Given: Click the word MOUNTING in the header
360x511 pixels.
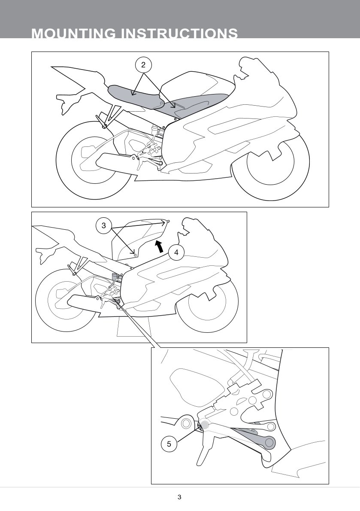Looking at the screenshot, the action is click(x=73, y=33).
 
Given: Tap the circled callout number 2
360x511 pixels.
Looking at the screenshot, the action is click(x=143, y=65).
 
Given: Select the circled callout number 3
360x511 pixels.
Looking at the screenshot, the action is click(x=104, y=225).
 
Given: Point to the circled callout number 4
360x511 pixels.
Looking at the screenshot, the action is click(x=176, y=252).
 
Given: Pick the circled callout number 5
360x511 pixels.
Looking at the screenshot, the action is click(x=169, y=444).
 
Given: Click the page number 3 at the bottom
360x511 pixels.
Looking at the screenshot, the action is click(x=179, y=497).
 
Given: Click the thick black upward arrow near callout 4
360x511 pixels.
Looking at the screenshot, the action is click(x=159, y=246).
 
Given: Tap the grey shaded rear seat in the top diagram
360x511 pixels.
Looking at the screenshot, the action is click(x=136, y=96).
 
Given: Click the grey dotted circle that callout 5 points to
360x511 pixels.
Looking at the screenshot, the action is click(x=205, y=424).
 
